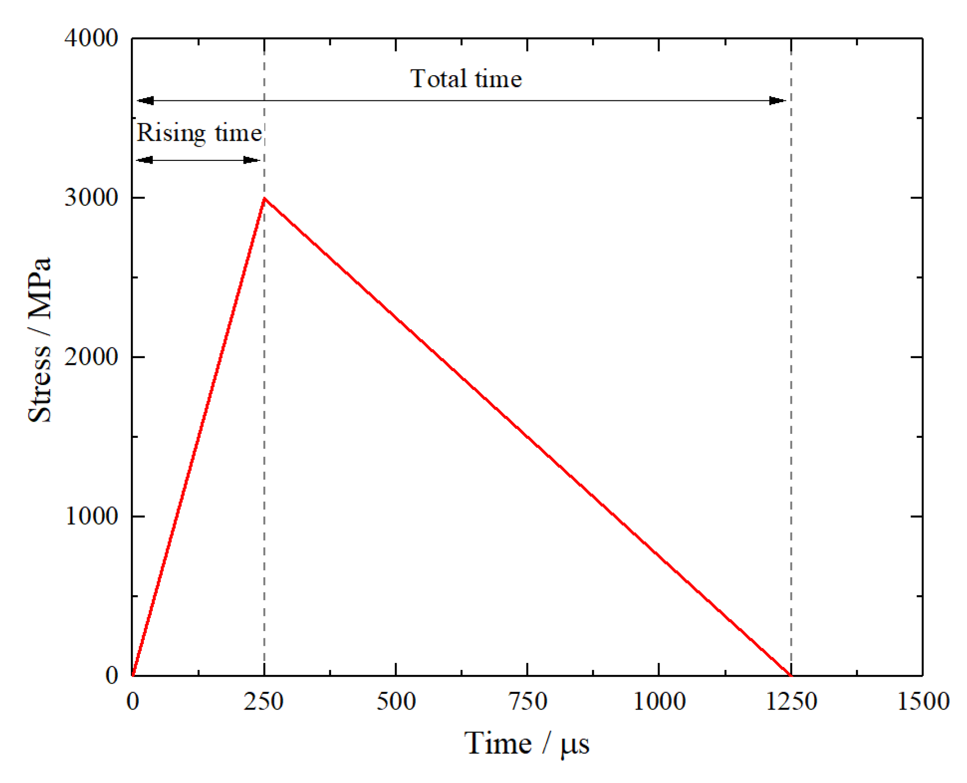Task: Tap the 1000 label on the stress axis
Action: coord(91,516)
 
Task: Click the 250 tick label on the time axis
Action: coord(264,702)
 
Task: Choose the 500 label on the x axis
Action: coord(396,702)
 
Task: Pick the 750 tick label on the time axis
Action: coord(527,702)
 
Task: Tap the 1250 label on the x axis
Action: coord(791,702)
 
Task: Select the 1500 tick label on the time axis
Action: coord(923,702)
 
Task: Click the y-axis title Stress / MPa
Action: coord(40,341)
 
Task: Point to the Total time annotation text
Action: coord(466,79)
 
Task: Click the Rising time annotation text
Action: coord(199,133)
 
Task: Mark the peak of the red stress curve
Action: coord(265,198)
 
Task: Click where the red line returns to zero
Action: coord(791,675)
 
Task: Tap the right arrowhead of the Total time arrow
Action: coord(777,100)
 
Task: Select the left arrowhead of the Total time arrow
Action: coord(146,100)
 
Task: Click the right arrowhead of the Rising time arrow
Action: coord(251,160)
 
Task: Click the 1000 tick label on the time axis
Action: coord(659,702)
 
